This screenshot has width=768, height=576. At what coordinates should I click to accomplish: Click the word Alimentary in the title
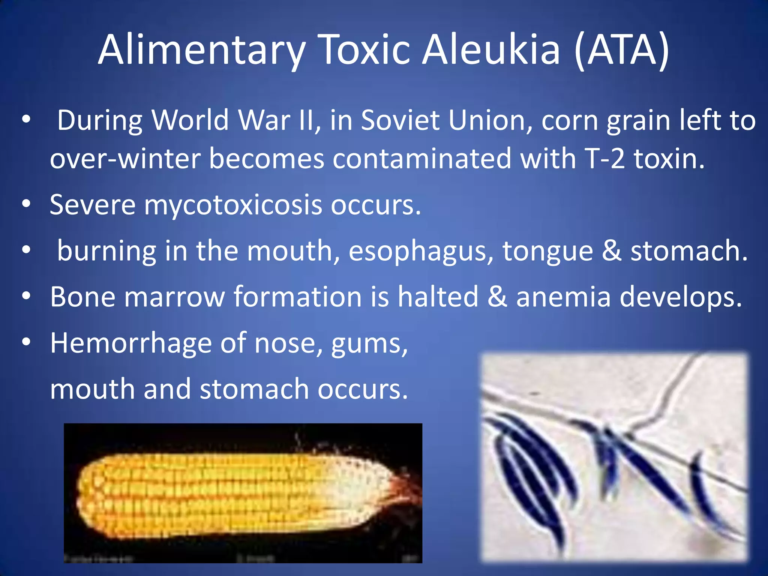click(x=202, y=50)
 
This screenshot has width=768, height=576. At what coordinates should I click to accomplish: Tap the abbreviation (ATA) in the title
click(x=621, y=50)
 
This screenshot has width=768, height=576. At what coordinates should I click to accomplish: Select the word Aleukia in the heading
click(x=492, y=50)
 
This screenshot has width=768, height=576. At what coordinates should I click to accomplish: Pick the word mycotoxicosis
click(x=232, y=205)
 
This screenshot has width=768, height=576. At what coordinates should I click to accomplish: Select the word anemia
click(x=563, y=297)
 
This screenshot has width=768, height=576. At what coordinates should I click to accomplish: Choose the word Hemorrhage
click(x=131, y=343)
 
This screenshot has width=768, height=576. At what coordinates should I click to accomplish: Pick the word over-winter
click(x=125, y=159)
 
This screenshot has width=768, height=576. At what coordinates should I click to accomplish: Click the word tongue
click(x=547, y=251)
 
